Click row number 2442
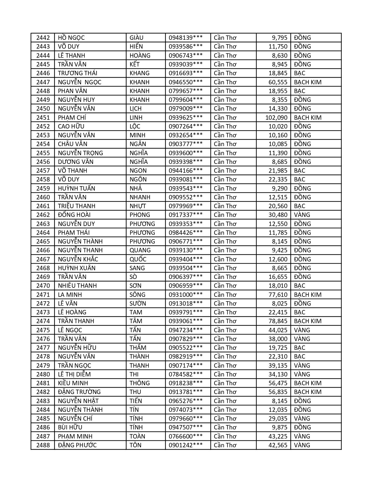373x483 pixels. [43, 38]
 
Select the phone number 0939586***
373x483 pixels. [185, 47]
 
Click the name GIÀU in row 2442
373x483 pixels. [137, 38]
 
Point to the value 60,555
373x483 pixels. [278, 82]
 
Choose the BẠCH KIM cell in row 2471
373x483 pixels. [307, 294]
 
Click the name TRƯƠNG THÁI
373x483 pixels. [78, 73]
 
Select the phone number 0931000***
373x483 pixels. [185, 294]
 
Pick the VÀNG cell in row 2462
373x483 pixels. [302, 215]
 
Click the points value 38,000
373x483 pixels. [278, 339]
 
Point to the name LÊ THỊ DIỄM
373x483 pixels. [74, 374]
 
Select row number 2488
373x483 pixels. [43, 445]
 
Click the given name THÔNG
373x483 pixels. [140, 383]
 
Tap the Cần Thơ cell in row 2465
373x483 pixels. [225, 241]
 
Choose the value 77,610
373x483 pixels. [278, 294]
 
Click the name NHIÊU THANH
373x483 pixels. [77, 286]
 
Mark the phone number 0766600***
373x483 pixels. [185, 436]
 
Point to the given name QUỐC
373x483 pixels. [138, 259]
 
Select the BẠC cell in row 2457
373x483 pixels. [300, 170]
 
